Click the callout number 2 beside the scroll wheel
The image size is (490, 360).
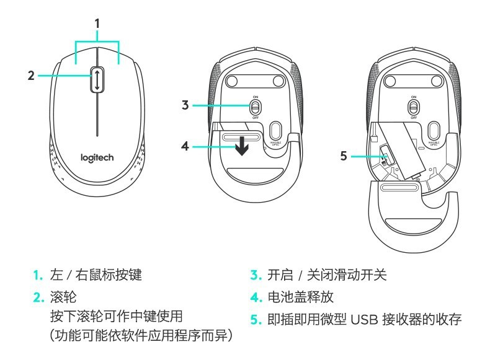point(30,76)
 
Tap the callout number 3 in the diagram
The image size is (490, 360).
point(185,105)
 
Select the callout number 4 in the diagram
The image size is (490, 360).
point(185,147)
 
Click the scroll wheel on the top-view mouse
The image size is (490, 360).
point(97,80)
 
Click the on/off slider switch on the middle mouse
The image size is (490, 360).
point(255,107)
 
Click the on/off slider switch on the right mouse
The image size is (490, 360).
point(412,107)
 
